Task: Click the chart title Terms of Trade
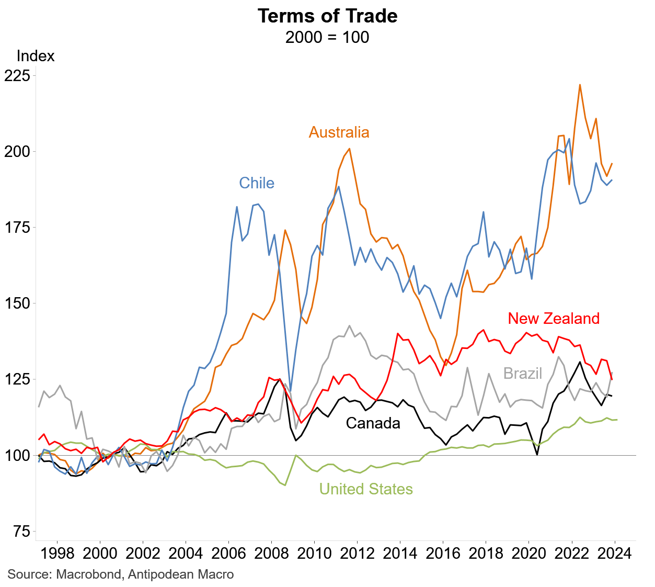(327, 16)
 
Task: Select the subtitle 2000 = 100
(327, 38)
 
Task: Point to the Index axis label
(36, 56)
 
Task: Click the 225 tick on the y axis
(17, 75)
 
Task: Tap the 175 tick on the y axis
(17, 228)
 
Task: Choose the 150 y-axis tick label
(17, 303)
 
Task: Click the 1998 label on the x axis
(56, 554)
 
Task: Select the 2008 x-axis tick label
(271, 554)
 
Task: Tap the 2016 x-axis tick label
(443, 554)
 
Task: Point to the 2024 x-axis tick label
(615, 554)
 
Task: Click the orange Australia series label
(339, 132)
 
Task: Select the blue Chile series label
(257, 183)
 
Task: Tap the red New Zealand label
(554, 319)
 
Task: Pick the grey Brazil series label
(523, 374)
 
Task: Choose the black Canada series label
(373, 423)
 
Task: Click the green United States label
(366, 489)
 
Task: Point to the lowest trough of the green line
(285, 485)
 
